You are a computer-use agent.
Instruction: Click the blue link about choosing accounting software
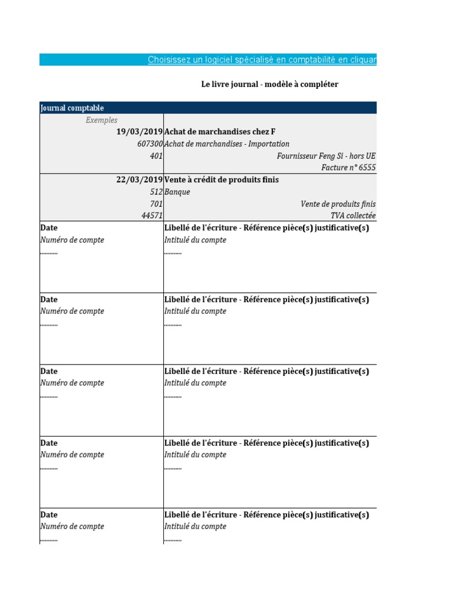(262, 59)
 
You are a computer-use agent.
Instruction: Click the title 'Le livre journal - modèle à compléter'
(270, 84)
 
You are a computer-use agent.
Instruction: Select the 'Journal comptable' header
(72, 108)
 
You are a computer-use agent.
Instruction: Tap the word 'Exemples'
(102, 120)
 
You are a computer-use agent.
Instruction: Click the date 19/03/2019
(139, 132)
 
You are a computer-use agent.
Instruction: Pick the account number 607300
(150, 144)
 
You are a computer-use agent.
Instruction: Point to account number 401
(156, 156)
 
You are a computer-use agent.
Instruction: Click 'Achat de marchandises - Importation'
(227, 144)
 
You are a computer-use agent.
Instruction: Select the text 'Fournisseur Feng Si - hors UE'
(326, 156)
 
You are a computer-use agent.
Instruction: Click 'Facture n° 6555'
(348, 168)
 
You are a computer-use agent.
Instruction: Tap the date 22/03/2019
(139, 180)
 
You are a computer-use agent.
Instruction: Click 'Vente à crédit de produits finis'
(221, 180)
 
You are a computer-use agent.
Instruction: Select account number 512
(156, 192)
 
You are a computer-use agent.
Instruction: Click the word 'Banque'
(177, 192)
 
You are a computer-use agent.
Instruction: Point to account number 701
(156, 204)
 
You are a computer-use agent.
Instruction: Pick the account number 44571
(152, 216)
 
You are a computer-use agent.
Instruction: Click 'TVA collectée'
(353, 216)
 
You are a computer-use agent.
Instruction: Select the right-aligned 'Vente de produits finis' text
(338, 204)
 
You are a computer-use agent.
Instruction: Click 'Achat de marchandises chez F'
(220, 132)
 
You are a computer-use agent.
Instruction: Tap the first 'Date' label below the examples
(49, 228)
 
